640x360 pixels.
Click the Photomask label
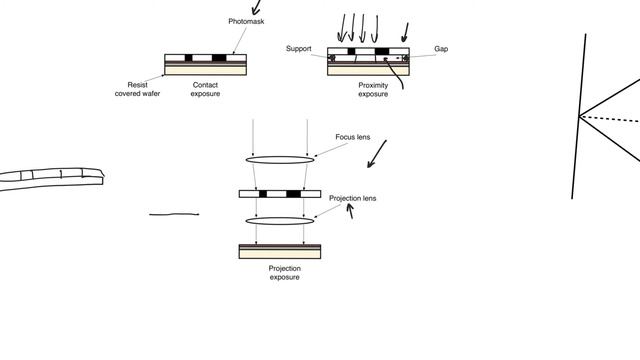pyautogui.click(x=246, y=21)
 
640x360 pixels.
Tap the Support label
pyautogui.click(x=298, y=49)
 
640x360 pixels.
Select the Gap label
pyautogui.click(x=441, y=49)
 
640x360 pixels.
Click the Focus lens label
pyautogui.click(x=353, y=137)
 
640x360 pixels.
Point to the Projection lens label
pyautogui.click(x=353, y=198)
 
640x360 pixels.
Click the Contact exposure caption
pyautogui.click(x=205, y=89)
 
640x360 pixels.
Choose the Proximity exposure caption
pyautogui.click(x=373, y=90)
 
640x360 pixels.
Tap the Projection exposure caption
pyautogui.click(x=284, y=273)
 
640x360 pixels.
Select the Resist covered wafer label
pyautogui.click(x=138, y=89)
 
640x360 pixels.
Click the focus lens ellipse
pyautogui.click(x=280, y=160)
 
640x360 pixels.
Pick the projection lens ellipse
pyautogui.click(x=280, y=221)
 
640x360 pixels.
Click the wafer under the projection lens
pyautogui.click(x=280, y=251)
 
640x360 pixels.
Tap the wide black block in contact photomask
pyautogui.click(x=219, y=58)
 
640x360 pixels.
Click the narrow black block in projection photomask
pyautogui.click(x=263, y=194)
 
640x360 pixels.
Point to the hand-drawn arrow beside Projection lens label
pyautogui.click(x=350, y=211)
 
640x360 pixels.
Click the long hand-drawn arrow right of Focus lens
pyautogui.click(x=377, y=154)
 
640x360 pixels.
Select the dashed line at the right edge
pyautogui.click(x=609, y=119)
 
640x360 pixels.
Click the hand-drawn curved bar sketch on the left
pyautogui.click(x=52, y=179)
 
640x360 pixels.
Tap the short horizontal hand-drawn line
pyautogui.click(x=174, y=214)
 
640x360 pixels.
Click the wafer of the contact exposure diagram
pyautogui.click(x=205, y=68)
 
